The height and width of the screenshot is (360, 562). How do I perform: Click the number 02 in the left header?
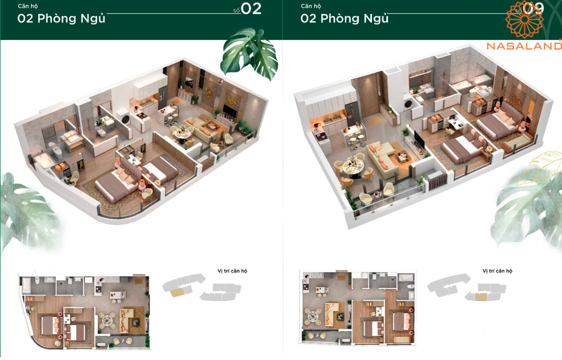(x=251, y=9)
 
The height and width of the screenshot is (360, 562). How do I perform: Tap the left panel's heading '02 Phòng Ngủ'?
(x=62, y=18)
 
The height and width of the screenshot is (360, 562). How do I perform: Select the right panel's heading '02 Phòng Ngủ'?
(x=344, y=18)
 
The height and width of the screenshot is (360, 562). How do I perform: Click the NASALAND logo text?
(x=524, y=45)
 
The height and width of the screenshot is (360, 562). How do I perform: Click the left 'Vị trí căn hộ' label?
(x=232, y=271)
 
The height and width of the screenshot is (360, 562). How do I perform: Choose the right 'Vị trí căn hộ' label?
(x=497, y=271)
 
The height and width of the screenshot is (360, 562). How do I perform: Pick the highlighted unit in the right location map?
(x=481, y=297)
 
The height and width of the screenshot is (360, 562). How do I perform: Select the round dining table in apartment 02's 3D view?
(x=182, y=134)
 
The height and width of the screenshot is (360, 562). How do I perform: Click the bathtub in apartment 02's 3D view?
(x=43, y=160)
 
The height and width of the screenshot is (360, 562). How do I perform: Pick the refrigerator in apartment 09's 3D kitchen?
(x=352, y=110)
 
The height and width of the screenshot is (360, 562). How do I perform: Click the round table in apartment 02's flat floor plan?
(x=107, y=320)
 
